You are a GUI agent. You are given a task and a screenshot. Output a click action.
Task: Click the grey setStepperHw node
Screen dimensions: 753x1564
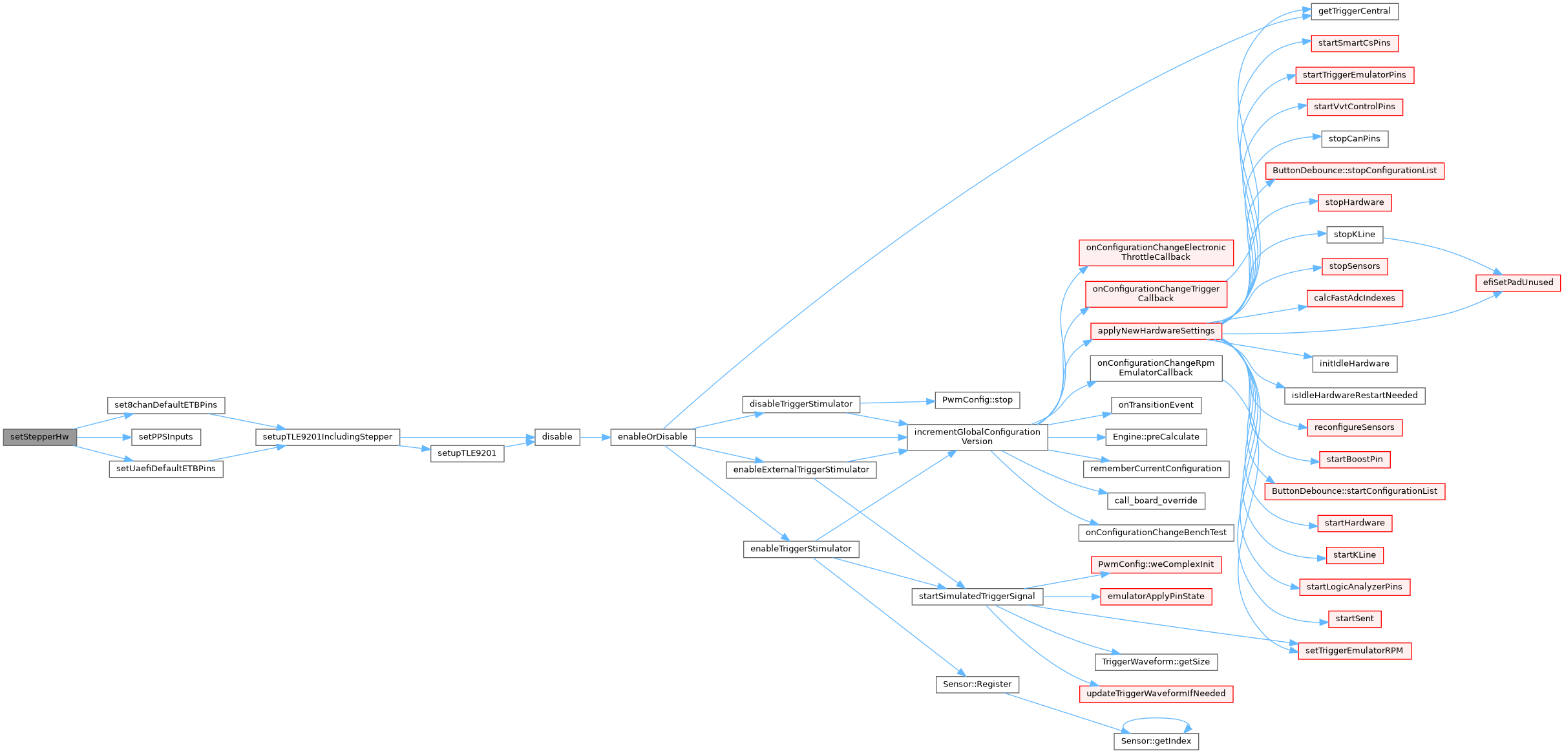(x=39, y=437)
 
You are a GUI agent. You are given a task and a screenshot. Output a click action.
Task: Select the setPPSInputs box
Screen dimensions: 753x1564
(x=165, y=437)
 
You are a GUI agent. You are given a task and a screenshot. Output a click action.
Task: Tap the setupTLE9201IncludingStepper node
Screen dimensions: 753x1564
(x=327, y=437)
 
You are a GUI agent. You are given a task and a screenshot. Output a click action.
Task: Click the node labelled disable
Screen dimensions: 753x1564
(x=556, y=437)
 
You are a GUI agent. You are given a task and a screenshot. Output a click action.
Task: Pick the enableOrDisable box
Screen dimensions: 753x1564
(x=652, y=437)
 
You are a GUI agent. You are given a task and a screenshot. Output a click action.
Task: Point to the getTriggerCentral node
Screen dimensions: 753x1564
(x=1354, y=12)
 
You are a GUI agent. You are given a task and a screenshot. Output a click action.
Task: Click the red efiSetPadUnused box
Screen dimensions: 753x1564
(x=1517, y=282)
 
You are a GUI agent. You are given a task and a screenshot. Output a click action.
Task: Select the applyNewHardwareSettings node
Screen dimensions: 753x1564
(x=1156, y=331)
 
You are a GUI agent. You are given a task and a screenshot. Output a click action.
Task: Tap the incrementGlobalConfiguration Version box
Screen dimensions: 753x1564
(x=977, y=437)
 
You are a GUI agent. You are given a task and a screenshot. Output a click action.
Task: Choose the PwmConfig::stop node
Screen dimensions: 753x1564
(x=977, y=400)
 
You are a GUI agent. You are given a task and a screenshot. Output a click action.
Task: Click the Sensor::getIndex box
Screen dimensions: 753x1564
(x=1156, y=741)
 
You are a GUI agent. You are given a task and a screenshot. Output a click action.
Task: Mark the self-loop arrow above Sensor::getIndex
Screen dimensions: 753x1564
(x=1156, y=718)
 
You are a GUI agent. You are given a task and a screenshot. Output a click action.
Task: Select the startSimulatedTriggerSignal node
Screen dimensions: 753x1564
(x=977, y=597)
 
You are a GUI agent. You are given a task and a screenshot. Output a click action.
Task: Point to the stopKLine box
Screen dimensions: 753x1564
(x=1354, y=235)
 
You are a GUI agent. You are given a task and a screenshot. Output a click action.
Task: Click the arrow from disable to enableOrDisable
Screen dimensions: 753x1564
(x=595, y=438)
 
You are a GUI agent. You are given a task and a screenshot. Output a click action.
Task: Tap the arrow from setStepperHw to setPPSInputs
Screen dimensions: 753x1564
(x=103, y=438)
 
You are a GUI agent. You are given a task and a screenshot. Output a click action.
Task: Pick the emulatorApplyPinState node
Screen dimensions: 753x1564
(x=1156, y=597)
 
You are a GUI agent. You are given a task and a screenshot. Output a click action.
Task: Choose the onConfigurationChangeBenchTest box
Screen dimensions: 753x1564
(x=1156, y=533)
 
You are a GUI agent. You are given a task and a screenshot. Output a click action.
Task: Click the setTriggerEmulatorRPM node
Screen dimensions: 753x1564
(x=1354, y=651)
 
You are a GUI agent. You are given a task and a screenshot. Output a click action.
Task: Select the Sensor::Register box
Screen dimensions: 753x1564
(x=977, y=684)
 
